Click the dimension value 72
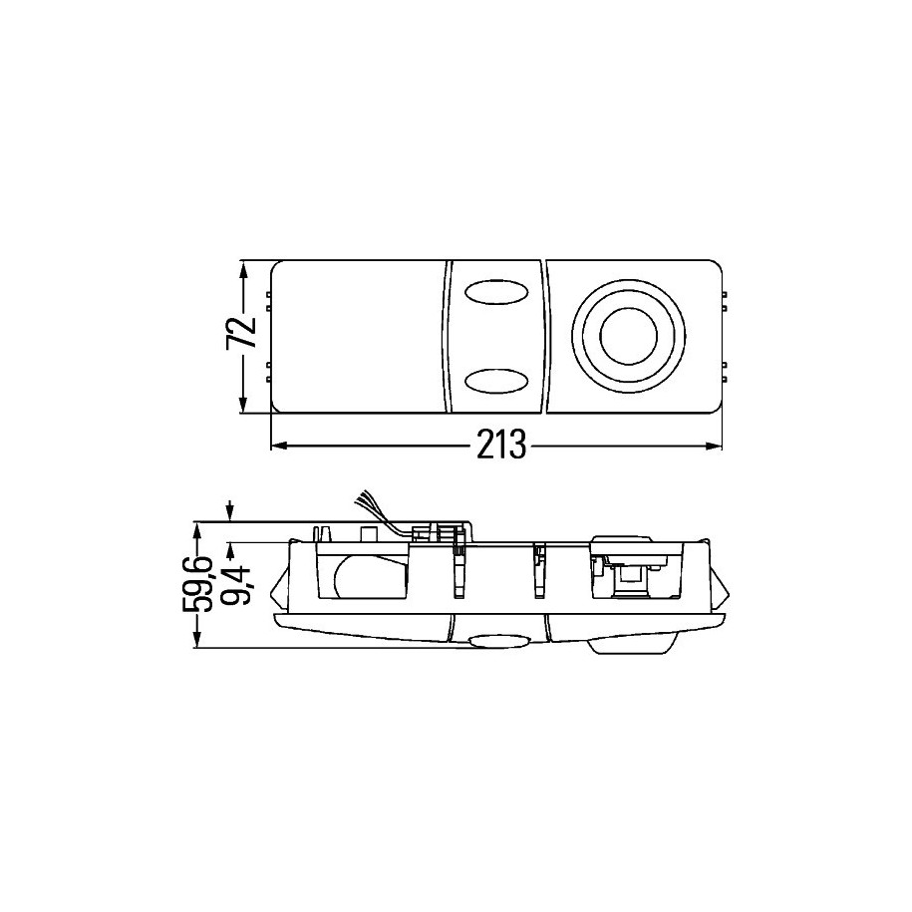[241, 332]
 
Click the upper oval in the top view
[496, 292]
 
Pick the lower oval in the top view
[496, 381]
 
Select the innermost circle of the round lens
[629, 336]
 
